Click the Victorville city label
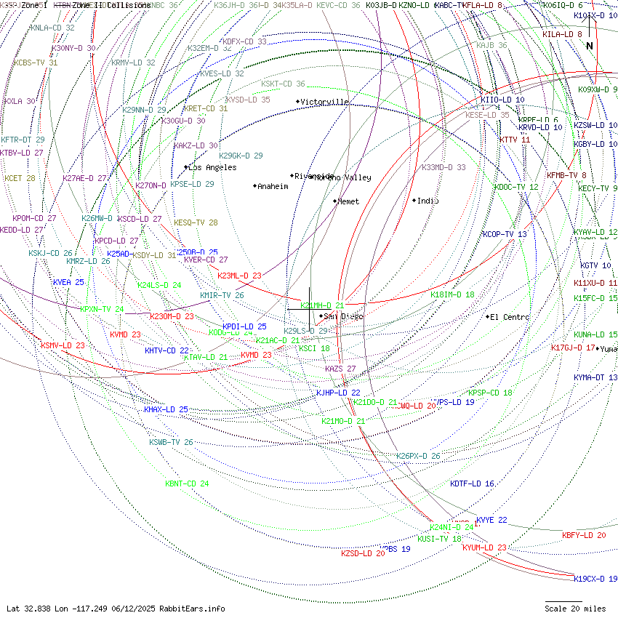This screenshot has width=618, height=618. tap(325, 102)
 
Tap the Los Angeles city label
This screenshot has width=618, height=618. tap(212, 167)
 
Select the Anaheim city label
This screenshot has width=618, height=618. tap(273, 186)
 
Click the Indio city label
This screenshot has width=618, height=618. tap(428, 201)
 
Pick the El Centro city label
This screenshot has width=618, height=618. tap(510, 317)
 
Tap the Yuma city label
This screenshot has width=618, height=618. tap(609, 349)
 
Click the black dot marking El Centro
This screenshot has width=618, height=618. tap(488, 317)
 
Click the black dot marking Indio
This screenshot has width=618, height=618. tap(414, 201)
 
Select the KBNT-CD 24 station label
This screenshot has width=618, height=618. tap(187, 483)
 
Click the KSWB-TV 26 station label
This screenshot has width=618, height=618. tap(171, 442)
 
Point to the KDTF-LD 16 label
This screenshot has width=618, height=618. tap(472, 483)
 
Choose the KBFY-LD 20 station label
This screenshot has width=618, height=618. tap(584, 535)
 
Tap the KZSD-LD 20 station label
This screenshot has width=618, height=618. tap(363, 554)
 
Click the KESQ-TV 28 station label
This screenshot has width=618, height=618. tap(196, 222)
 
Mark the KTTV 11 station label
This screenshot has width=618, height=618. tap(515, 140)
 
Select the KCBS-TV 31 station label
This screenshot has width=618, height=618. tap(36, 63)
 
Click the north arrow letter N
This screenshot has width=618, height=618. tap(590, 46)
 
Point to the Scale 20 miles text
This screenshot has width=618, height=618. tap(575, 609)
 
